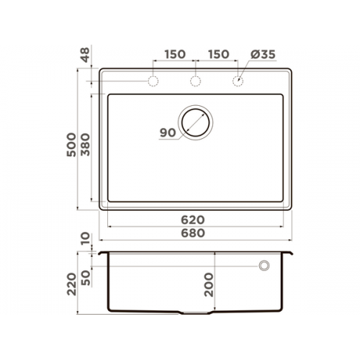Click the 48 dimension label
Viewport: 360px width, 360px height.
pos(86,55)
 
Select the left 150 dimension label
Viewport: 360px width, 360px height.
pos(175,54)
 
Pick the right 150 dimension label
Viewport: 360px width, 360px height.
pos(218,54)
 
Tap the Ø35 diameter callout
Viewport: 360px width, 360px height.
pos(263,55)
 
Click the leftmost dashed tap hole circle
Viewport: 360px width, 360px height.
pos(153,81)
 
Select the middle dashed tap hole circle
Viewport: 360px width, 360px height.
pos(195,81)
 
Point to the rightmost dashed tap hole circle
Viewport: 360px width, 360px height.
pos(238,81)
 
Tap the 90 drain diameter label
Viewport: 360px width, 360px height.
pos(168,132)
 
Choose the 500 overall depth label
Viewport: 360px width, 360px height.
pos(71,145)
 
